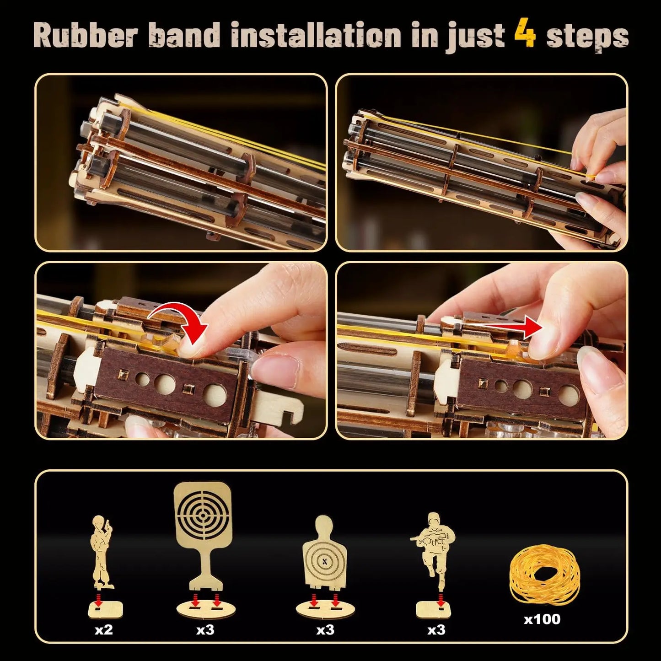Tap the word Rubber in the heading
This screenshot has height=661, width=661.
point(85,35)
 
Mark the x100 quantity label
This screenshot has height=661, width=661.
point(542,619)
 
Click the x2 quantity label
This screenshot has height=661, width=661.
point(103,630)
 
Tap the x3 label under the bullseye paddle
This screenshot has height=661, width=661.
point(205,630)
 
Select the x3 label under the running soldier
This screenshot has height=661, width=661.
point(436,630)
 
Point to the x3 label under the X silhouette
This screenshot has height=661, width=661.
point(325,630)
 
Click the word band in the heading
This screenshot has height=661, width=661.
point(184,35)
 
